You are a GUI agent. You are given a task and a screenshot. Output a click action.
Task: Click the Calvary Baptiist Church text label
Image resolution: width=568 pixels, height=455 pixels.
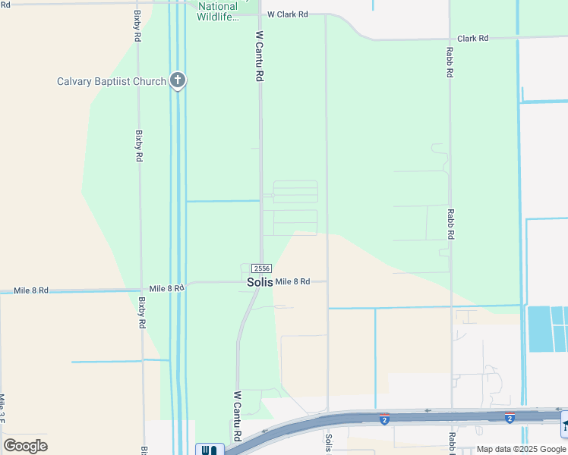112,81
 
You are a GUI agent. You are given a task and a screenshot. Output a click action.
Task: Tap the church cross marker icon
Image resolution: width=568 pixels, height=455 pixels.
178,80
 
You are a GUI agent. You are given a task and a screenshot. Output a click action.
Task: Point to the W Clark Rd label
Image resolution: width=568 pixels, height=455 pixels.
287,14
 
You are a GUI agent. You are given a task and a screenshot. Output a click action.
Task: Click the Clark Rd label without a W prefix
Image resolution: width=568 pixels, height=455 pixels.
472,38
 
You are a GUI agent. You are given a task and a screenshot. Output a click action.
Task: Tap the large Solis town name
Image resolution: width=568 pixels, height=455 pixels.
259,282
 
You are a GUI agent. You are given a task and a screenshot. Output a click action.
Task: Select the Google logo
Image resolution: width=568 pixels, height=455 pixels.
25,446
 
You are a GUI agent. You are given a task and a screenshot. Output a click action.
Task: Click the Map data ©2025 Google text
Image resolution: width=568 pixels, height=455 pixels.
522,449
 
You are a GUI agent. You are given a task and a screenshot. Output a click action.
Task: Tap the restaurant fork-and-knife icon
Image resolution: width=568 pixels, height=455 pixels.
210,450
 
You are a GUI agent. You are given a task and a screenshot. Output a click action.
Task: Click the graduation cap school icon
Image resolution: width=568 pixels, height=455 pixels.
564,425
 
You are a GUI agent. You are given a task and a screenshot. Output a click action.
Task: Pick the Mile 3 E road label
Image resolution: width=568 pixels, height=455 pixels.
3,409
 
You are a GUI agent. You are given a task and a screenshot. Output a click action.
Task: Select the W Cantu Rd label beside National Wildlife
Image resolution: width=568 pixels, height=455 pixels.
259,56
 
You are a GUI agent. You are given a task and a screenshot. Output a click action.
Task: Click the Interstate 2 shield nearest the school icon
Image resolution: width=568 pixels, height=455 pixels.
510,418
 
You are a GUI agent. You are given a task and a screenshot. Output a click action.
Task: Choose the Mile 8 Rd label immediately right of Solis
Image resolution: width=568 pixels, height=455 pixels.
292,282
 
